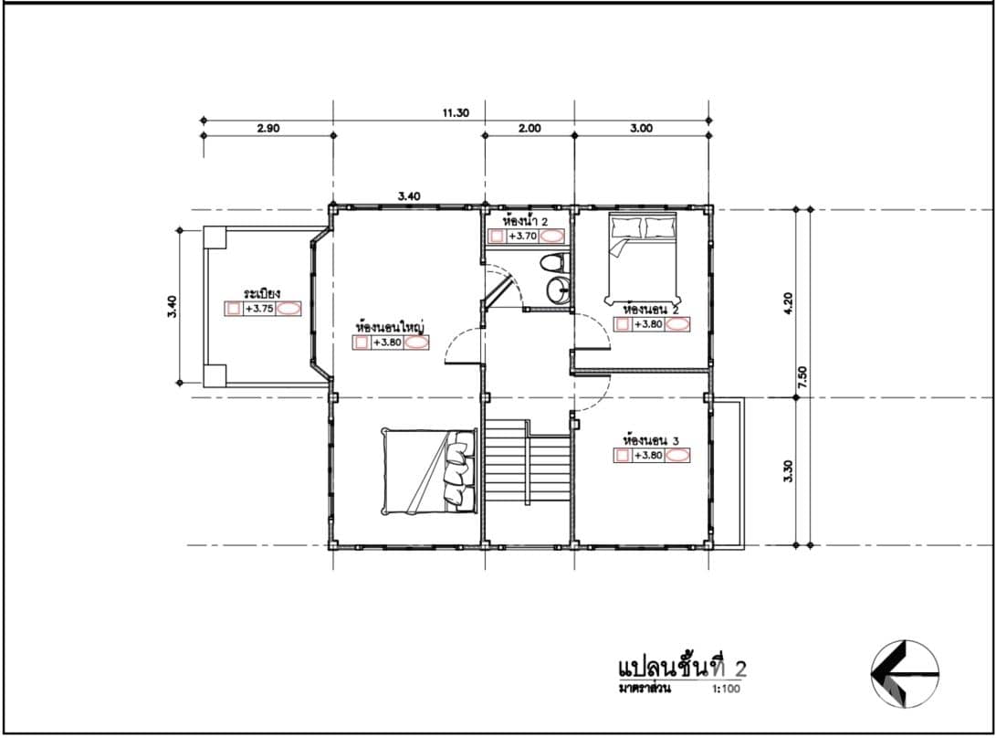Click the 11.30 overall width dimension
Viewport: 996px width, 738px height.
pos(456,113)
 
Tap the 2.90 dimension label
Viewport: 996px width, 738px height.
pos(267,129)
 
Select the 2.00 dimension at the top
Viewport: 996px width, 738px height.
pos(529,129)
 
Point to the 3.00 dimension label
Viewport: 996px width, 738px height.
pos(642,129)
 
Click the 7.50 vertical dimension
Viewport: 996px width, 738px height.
pos(803,376)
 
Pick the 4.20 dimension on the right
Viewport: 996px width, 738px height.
pos(788,302)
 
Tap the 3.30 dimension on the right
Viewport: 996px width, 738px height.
pos(788,471)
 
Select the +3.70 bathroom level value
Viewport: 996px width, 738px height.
pos(521,236)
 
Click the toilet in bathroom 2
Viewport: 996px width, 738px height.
pos(552,264)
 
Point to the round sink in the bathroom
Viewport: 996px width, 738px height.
pos(557,290)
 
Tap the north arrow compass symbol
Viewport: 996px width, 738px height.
pos(905,674)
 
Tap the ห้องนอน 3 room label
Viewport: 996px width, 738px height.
pos(651,439)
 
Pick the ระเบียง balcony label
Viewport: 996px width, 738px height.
pos(261,293)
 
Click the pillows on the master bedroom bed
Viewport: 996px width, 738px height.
pos(458,469)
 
